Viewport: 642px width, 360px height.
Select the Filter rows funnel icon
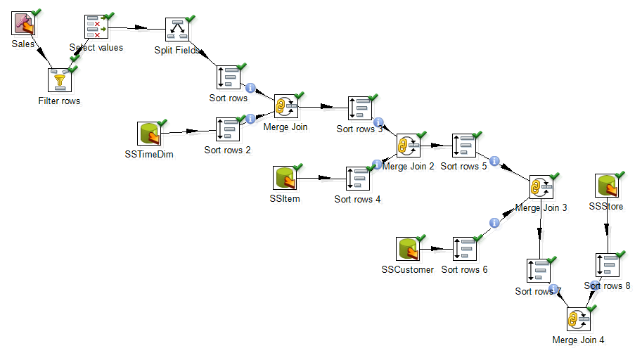point(60,79)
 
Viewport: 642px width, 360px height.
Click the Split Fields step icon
point(177,30)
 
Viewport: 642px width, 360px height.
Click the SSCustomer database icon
point(408,248)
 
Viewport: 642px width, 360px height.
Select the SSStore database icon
point(608,185)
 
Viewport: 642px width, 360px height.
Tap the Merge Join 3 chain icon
point(541,187)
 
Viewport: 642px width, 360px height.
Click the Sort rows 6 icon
point(465,248)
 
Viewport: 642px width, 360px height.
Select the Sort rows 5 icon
point(464,146)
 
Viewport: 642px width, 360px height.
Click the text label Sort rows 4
point(357,199)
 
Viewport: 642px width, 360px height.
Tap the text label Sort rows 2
point(227,150)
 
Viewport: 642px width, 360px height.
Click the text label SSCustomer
point(408,269)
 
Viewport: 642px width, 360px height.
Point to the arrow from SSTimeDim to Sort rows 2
point(188,131)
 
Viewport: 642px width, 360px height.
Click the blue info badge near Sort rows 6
point(494,223)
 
